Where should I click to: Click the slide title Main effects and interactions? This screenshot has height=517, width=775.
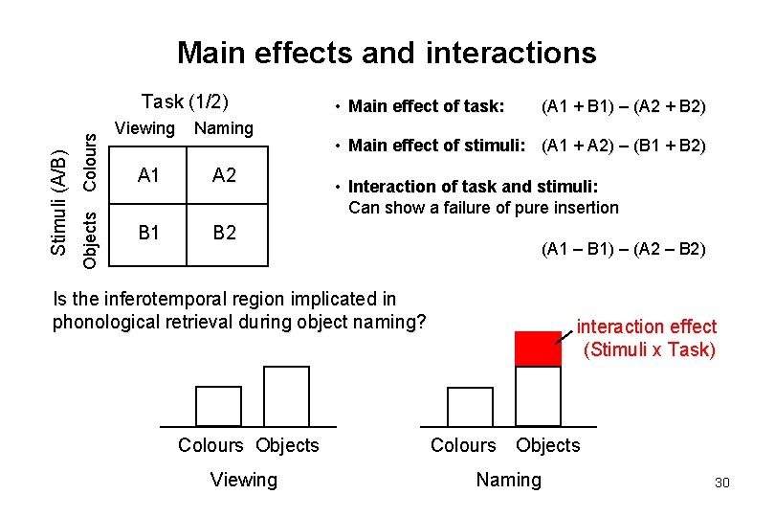pyautogui.click(x=387, y=52)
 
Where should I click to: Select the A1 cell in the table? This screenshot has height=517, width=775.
pyautogui.click(x=148, y=175)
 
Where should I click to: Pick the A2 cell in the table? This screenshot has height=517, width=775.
pyautogui.click(x=224, y=175)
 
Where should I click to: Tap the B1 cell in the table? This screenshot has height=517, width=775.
pyautogui.click(x=148, y=233)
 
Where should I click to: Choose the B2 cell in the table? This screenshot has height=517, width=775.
pyautogui.click(x=224, y=233)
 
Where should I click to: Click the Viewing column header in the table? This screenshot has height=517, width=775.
pyautogui.click(x=144, y=128)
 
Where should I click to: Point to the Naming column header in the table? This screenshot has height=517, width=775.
pyautogui.click(x=224, y=128)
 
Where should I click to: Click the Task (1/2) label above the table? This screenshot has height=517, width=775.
pyautogui.click(x=189, y=101)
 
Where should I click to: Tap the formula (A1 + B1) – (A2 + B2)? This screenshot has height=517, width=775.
pyautogui.click(x=624, y=106)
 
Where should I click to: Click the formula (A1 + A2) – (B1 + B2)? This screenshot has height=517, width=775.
pyautogui.click(x=624, y=146)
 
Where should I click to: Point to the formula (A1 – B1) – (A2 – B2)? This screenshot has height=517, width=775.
pyautogui.click(x=624, y=250)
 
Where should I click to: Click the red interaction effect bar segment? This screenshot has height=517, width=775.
pyautogui.click(x=538, y=348)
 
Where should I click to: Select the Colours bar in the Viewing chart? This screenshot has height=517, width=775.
pyautogui.click(x=218, y=405)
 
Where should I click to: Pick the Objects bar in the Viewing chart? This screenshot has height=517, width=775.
pyautogui.click(x=286, y=395)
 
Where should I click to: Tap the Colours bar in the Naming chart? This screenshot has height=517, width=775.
pyautogui.click(x=470, y=406)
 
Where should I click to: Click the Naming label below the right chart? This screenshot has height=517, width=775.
pyautogui.click(x=508, y=480)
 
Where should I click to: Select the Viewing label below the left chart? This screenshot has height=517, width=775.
pyautogui.click(x=243, y=480)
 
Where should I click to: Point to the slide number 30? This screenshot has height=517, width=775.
pyautogui.click(x=721, y=483)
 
